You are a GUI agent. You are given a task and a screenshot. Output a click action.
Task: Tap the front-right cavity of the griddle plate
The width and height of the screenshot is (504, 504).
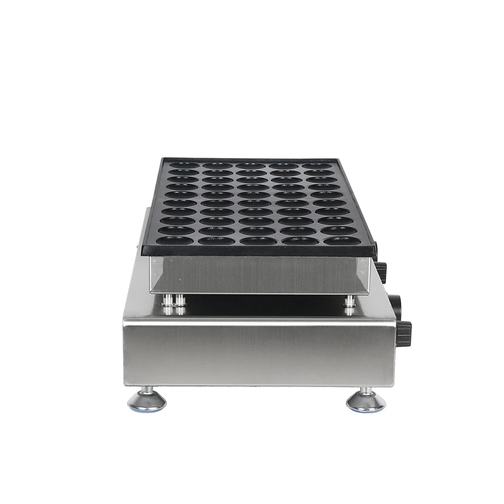[342, 240]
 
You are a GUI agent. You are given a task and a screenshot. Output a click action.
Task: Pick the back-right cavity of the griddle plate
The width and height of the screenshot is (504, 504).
[317, 165]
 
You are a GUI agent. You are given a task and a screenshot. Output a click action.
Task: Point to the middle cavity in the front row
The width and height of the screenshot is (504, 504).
[258, 240]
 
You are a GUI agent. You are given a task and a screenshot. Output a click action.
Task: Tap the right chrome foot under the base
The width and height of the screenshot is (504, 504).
[365, 401]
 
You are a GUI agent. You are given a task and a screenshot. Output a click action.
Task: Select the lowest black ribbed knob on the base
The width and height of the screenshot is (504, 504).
[404, 333]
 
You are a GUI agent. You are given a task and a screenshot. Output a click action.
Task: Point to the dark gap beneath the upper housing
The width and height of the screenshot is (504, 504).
[262, 305]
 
